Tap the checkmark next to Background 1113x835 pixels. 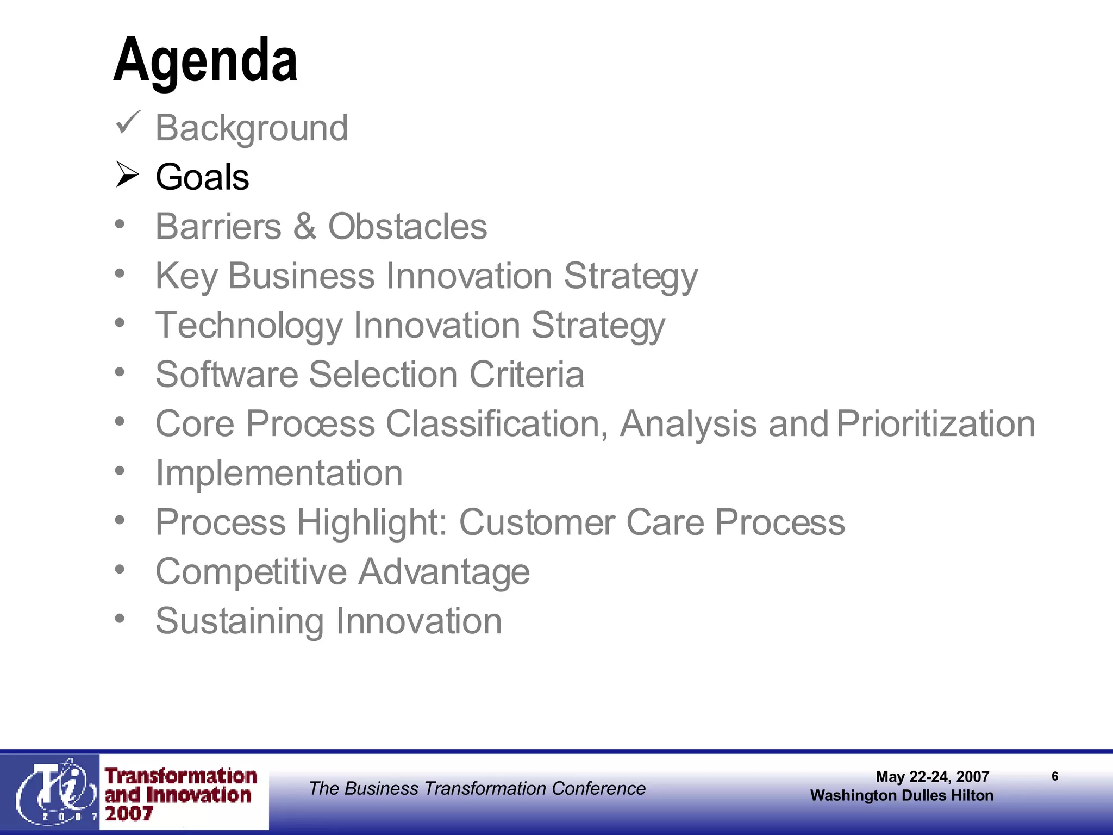(x=128, y=123)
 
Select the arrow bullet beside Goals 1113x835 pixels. (x=128, y=175)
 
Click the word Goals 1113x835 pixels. (x=202, y=177)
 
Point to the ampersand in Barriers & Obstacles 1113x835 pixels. (x=304, y=227)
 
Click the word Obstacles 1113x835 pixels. (x=408, y=227)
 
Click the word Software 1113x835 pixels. (x=227, y=375)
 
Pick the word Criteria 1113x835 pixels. (x=527, y=375)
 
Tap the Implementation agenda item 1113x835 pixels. (x=279, y=473)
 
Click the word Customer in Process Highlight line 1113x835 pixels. (x=537, y=522)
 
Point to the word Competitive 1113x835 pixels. (x=251, y=572)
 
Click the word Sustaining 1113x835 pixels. (x=240, y=621)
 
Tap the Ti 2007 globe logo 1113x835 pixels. (x=52, y=792)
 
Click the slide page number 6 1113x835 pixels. (x=1055, y=776)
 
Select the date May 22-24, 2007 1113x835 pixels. (x=932, y=776)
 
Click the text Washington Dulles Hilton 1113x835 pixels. (x=902, y=795)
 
